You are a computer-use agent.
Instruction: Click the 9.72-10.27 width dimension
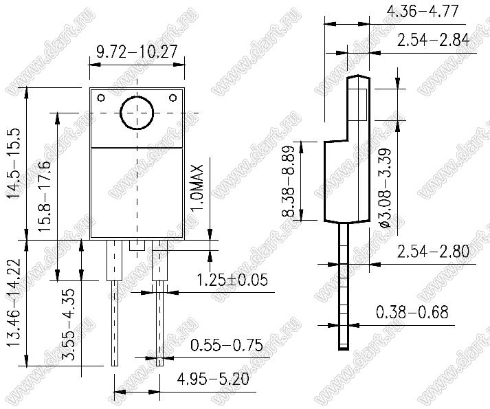click(x=137, y=52)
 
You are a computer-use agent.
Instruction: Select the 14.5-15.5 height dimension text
click(x=14, y=163)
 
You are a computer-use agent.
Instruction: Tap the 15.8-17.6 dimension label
click(x=45, y=196)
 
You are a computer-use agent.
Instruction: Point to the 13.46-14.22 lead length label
click(x=14, y=302)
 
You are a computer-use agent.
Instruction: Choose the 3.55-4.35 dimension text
click(x=68, y=324)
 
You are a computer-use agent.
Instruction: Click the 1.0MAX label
click(x=197, y=188)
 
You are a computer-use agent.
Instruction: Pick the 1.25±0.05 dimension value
click(x=232, y=280)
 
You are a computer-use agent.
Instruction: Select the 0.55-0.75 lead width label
click(x=227, y=345)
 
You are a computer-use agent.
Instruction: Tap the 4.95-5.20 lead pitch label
click(x=213, y=379)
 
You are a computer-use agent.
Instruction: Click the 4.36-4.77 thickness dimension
click(x=423, y=12)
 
